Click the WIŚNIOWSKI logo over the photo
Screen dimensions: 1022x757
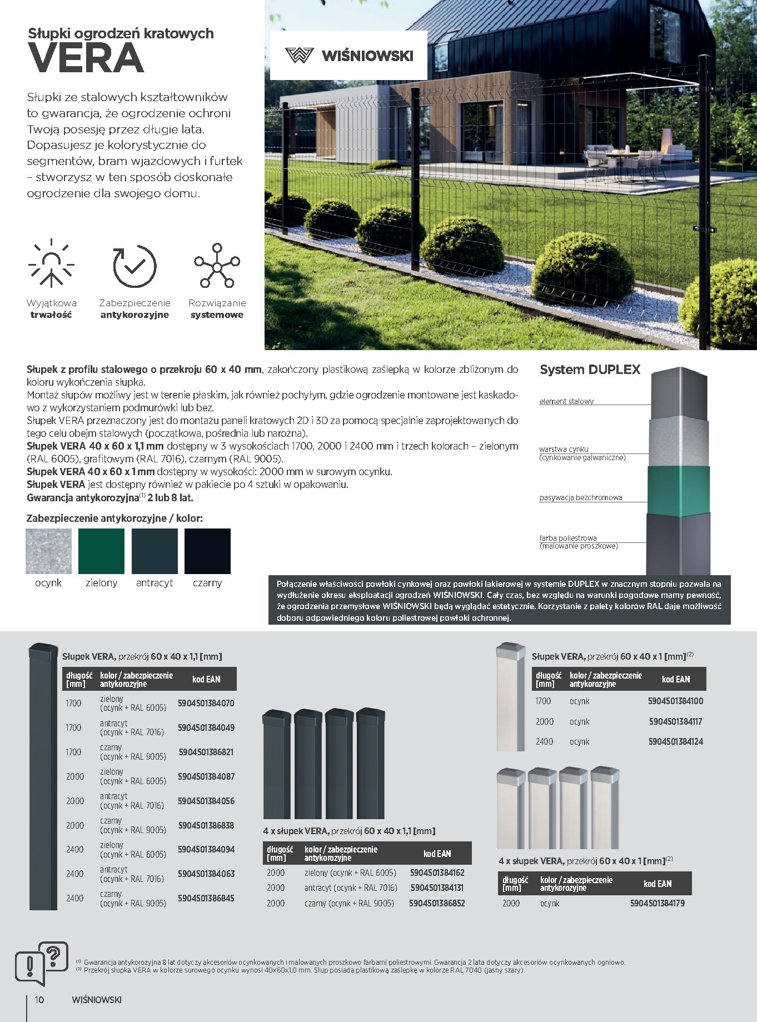348,56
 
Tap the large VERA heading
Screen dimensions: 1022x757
87,58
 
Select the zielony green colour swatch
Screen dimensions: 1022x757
101,551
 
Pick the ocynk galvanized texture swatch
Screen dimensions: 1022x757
48,551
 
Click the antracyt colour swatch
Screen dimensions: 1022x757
155,551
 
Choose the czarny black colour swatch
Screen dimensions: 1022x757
207,551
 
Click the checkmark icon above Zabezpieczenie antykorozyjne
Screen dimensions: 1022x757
135,266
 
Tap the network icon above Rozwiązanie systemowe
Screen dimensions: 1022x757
217,265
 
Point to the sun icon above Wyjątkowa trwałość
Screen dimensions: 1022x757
51,265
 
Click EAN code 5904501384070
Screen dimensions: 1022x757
206,703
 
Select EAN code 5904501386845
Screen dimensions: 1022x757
206,898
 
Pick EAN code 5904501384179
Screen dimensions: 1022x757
658,903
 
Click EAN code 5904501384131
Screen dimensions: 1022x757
437,888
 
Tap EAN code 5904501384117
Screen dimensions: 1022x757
675,721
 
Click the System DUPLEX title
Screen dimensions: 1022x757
590,370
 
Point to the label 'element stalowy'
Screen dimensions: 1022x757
566,401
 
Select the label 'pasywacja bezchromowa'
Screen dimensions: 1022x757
580,497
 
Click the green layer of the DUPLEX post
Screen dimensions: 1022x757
678,489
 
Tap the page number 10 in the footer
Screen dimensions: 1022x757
39,999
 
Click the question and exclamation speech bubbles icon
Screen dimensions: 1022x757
42,963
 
